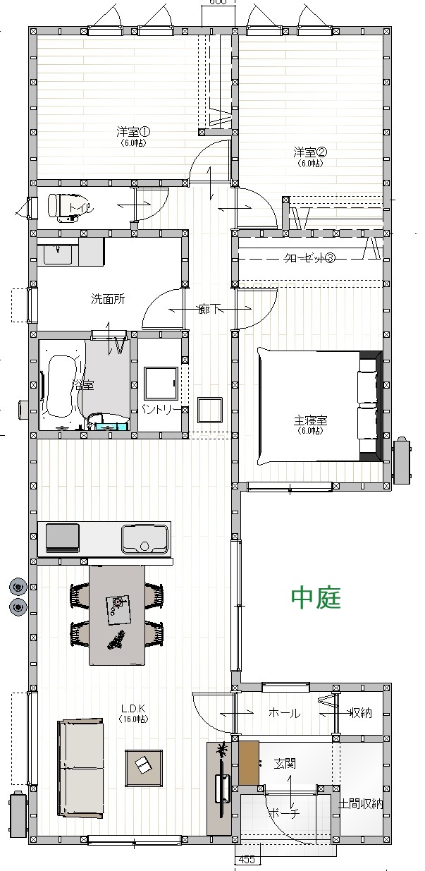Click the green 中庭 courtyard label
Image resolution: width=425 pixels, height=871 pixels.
(316, 598)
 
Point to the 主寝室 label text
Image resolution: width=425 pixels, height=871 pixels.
(310, 420)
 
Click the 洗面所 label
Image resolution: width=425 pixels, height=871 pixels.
(108, 298)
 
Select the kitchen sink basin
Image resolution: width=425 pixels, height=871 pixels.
(144, 540)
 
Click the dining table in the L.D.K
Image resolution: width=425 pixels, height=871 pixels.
(117, 614)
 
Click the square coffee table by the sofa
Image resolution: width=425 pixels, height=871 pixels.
(144, 767)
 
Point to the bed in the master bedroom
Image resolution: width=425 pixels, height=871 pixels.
(310, 407)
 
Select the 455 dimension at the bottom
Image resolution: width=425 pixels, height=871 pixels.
(247, 860)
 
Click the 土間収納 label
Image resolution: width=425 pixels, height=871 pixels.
(362, 803)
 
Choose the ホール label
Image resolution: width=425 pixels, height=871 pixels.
(284, 713)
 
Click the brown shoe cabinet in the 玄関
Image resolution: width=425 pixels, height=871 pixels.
(249, 761)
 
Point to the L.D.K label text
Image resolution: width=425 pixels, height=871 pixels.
(133, 708)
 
